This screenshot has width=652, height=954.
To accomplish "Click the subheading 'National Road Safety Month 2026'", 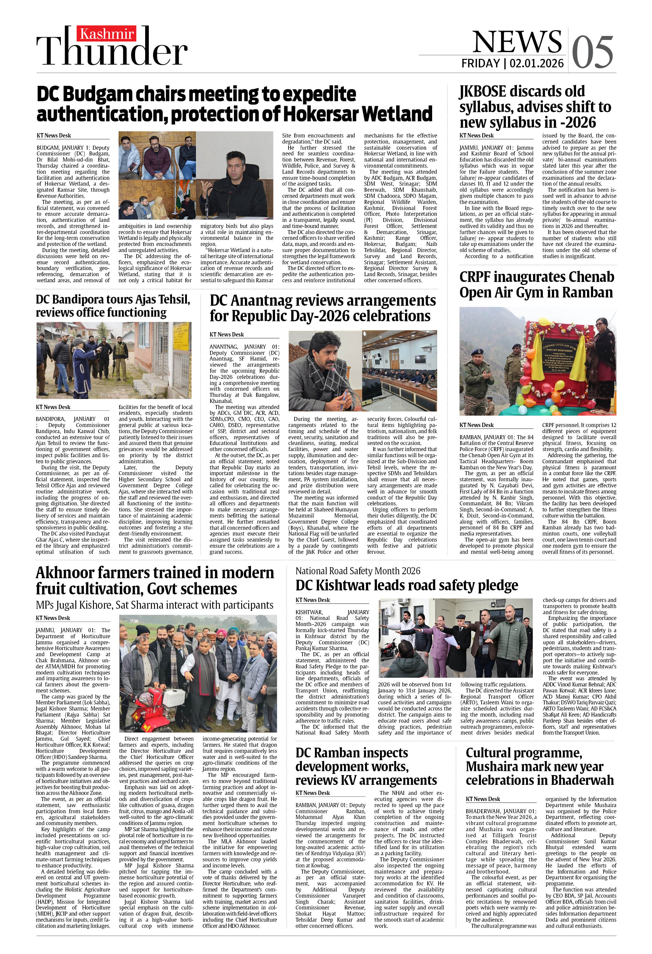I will point(358,571).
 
